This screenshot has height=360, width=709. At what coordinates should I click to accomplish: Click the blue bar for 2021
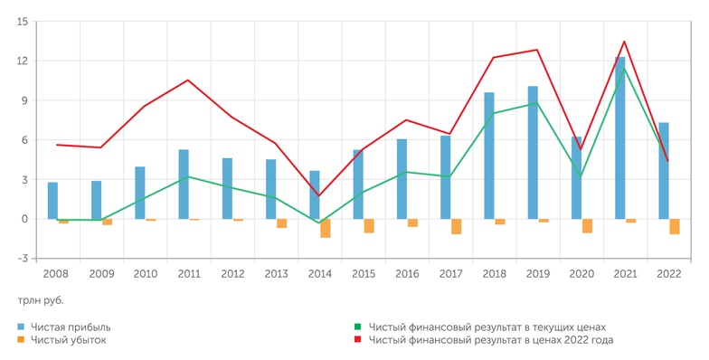click(x=620, y=137)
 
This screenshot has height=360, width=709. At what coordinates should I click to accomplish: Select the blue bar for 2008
click(x=53, y=201)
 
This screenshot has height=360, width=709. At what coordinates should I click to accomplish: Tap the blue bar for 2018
click(x=489, y=156)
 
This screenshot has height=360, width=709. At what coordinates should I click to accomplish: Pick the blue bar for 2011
click(x=184, y=185)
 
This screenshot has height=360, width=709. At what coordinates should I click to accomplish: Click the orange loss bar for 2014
click(x=326, y=228)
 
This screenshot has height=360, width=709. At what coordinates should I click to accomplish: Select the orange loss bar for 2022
click(x=675, y=226)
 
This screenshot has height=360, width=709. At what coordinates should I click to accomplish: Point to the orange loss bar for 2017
click(x=457, y=226)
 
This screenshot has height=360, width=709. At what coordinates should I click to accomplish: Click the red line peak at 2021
click(x=624, y=42)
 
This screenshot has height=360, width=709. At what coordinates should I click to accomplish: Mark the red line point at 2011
click(x=188, y=80)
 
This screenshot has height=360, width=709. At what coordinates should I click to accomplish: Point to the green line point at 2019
click(x=537, y=102)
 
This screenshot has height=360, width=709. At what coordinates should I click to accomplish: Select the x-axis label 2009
click(x=101, y=273)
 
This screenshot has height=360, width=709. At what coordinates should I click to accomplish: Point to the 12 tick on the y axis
click(x=20, y=61)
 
